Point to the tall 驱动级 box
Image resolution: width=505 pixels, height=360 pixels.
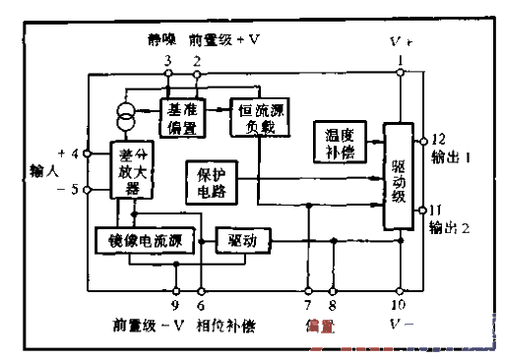[x=399, y=178]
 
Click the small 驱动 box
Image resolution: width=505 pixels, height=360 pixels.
[x=242, y=239]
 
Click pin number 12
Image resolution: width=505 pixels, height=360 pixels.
[x=438, y=139]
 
